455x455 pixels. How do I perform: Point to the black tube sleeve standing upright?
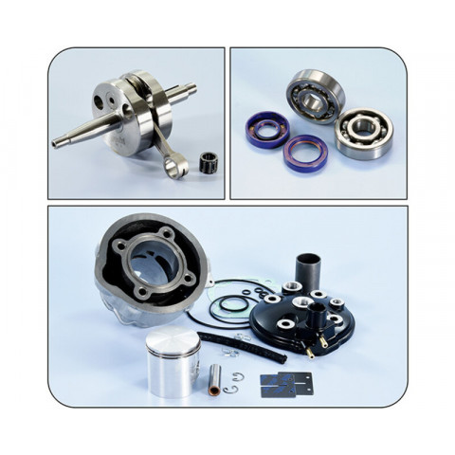(309, 271)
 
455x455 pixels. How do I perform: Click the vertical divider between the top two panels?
(228, 123)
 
